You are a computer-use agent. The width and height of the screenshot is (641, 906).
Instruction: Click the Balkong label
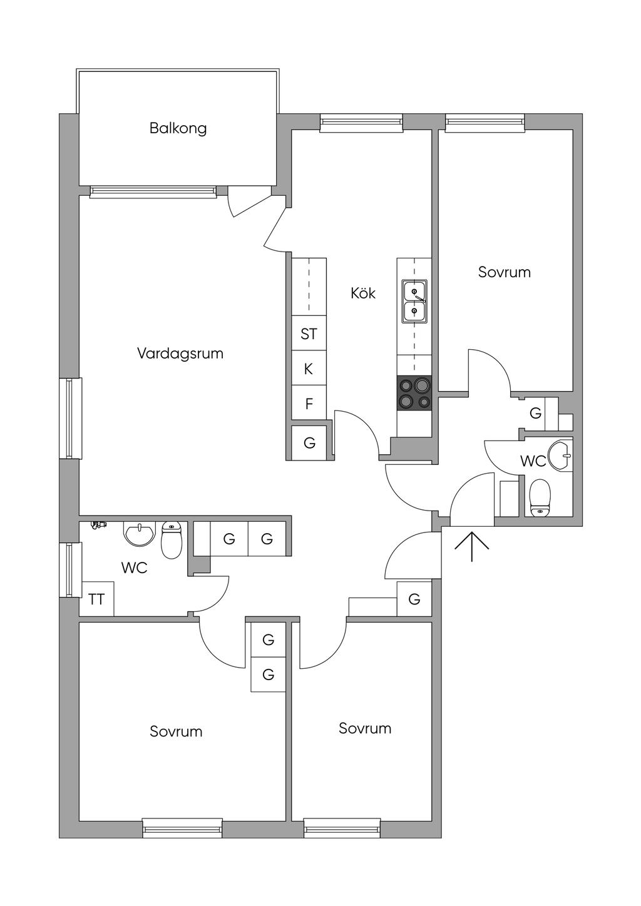point(178,128)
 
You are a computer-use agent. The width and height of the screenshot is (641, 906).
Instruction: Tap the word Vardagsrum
point(180,354)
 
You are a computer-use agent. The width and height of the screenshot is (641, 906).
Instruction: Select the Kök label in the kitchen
point(363,293)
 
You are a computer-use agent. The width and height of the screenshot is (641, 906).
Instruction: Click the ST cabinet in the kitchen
point(309,334)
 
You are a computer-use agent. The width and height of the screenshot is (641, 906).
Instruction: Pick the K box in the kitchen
point(309,369)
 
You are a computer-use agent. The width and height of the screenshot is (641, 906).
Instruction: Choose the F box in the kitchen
point(309,404)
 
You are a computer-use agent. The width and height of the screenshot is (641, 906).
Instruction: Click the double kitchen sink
point(414,301)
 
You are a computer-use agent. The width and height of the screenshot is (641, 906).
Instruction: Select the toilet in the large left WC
point(171,539)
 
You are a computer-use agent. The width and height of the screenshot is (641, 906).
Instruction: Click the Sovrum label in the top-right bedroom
point(504,272)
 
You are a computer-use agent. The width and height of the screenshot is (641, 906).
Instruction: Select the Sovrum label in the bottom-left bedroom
point(176,731)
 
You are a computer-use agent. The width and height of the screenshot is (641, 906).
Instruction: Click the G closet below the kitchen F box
point(309,443)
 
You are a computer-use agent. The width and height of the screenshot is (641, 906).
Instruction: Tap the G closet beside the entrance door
point(414,599)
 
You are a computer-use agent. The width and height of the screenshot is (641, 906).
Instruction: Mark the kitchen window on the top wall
point(361,123)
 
